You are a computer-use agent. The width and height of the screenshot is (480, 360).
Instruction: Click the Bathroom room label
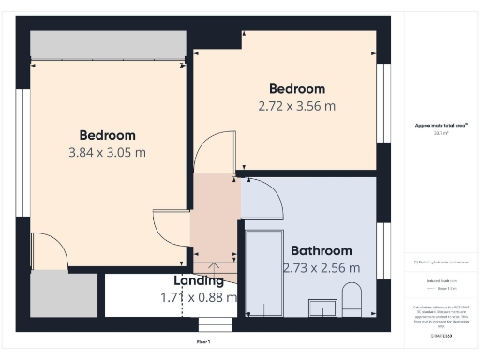(322, 251)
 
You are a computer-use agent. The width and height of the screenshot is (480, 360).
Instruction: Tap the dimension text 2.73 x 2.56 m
(322, 268)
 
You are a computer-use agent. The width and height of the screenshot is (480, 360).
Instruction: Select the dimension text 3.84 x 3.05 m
(107, 152)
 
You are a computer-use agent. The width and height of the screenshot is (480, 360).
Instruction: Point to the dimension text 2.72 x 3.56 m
(296, 106)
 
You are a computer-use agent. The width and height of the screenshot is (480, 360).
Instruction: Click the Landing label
(199, 280)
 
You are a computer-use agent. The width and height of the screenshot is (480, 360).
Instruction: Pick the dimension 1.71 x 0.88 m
(199, 297)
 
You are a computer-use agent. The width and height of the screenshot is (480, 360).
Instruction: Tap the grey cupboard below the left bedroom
(64, 295)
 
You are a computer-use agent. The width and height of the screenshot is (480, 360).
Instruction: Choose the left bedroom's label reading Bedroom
(107, 135)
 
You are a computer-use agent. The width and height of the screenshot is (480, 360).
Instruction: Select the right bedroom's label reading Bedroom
(296, 89)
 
